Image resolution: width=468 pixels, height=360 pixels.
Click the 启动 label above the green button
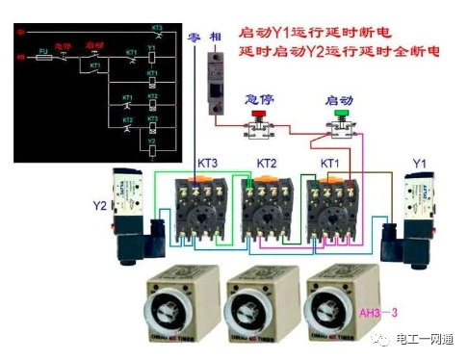340,100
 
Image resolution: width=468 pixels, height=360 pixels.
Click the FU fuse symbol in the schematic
44,57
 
